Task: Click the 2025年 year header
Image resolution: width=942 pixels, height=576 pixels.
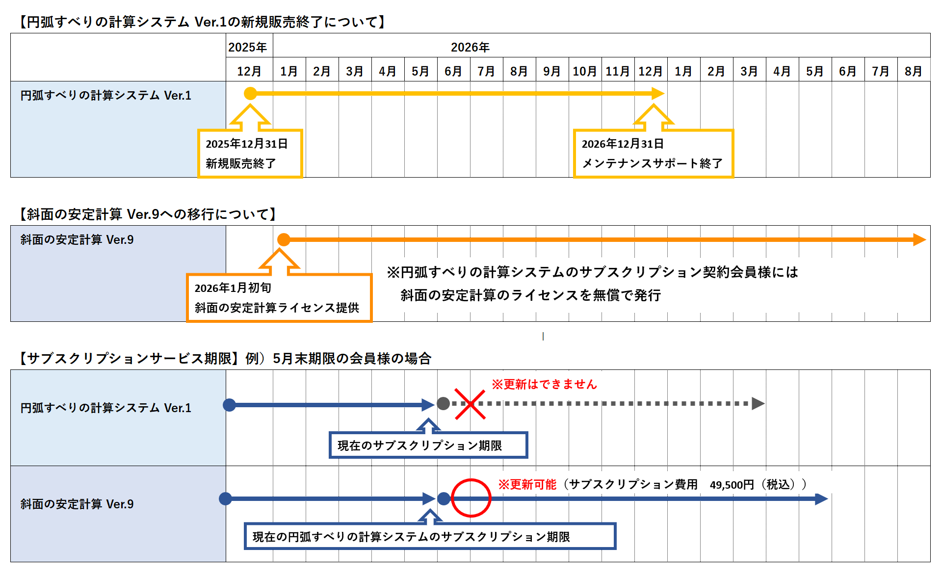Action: (x=248, y=47)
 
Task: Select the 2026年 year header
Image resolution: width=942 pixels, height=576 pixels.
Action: (x=470, y=47)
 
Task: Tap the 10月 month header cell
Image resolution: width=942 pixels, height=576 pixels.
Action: (x=584, y=71)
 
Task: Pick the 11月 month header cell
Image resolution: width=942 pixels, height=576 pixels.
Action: (x=617, y=71)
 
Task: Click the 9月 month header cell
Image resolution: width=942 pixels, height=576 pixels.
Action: (x=551, y=71)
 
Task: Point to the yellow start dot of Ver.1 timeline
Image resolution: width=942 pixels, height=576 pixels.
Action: (x=250, y=93)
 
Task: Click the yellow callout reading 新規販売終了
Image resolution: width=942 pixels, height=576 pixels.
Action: (x=250, y=154)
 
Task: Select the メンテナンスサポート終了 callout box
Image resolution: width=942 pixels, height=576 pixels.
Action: (x=653, y=154)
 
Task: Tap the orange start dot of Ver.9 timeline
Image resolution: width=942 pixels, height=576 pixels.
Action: (x=284, y=239)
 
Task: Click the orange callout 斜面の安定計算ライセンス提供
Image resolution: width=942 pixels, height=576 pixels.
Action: (x=279, y=298)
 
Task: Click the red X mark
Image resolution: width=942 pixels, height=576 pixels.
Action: (x=470, y=404)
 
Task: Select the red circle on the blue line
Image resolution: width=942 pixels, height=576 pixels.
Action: (x=471, y=498)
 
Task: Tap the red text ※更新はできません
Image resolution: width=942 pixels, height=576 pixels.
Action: (x=544, y=384)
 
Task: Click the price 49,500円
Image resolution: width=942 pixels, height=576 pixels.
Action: (x=732, y=485)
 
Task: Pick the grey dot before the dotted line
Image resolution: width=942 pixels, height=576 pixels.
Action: (x=444, y=403)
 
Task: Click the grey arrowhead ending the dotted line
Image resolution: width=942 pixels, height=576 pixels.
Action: (x=758, y=403)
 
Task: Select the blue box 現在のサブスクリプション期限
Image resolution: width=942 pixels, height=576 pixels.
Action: (x=428, y=445)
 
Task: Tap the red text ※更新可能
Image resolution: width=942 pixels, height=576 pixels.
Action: (x=527, y=485)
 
